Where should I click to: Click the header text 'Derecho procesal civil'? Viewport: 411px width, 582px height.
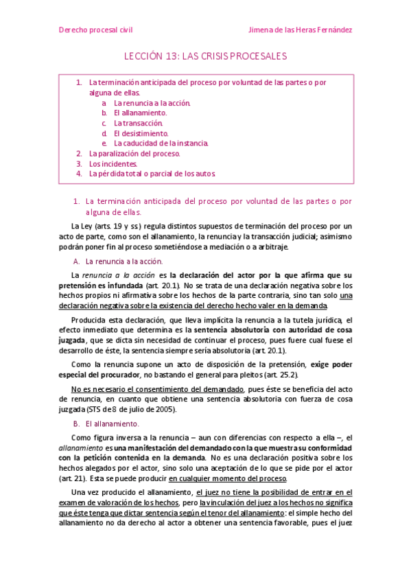[95, 30]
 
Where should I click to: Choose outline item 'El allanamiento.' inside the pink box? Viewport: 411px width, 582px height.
[140, 113]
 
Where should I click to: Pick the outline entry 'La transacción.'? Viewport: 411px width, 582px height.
[139, 123]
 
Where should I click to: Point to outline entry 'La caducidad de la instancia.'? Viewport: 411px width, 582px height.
[161, 143]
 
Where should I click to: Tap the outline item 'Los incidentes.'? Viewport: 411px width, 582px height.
[113, 164]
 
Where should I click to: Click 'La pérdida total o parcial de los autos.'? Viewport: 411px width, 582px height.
[152, 174]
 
